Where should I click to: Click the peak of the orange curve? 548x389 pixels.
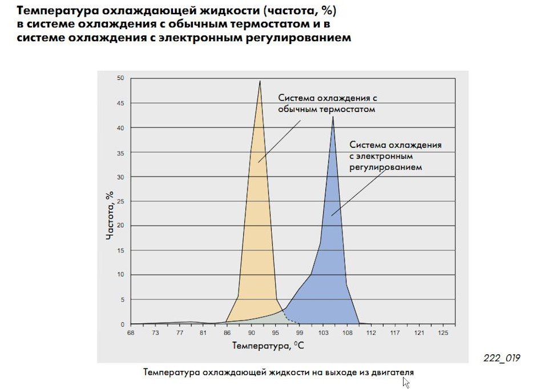pyautogui.click(x=260, y=81)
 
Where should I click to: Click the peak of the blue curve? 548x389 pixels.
pyautogui.click(x=333, y=117)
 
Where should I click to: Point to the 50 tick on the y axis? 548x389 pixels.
pyautogui.click(x=120, y=78)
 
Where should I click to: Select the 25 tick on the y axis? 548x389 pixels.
pyautogui.click(x=120, y=201)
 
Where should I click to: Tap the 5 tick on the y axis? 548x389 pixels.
pyautogui.click(x=122, y=299)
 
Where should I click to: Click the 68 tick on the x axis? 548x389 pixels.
pyautogui.click(x=131, y=332)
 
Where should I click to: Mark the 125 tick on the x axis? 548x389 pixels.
pyautogui.click(x=444, y=332)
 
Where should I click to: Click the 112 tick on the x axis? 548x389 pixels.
pyautogui.click(x=372, y=332)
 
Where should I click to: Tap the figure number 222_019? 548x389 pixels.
pyautogui.click(x=501, y=358)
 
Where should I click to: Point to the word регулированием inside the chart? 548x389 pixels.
pyautogui.click(x=385, y=168)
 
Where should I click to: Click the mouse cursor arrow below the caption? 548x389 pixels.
pyautogui.click(x=406, y=383)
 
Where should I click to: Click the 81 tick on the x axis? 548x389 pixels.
pyautogui.click(x=203, y=332)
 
